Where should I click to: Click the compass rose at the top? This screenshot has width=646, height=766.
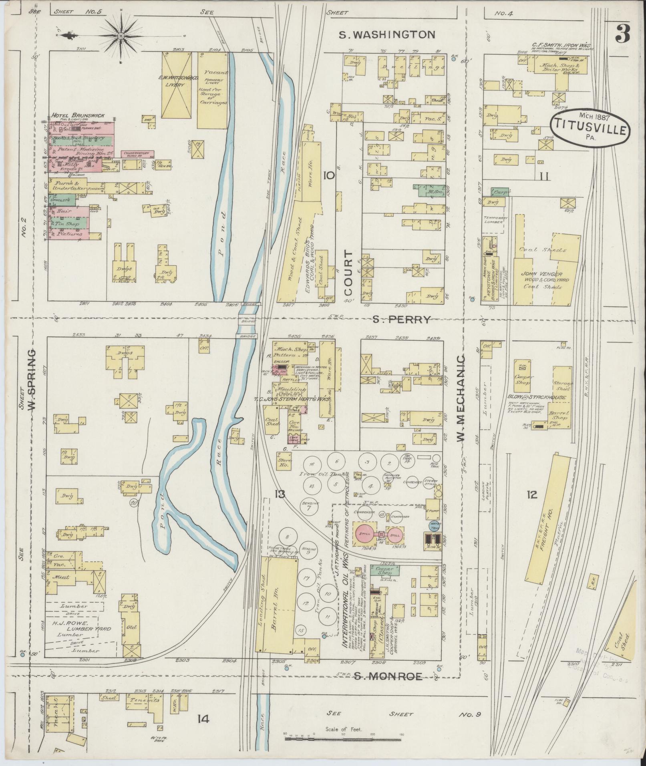coord(121,36)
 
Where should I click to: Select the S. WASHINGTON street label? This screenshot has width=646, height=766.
coord(387,34)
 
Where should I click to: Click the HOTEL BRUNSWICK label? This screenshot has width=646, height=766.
coord(78,115)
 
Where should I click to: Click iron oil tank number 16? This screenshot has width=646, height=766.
coord(312,464)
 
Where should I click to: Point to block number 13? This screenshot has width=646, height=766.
coord(280,495)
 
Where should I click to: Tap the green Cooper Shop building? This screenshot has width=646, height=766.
coord(383,570)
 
